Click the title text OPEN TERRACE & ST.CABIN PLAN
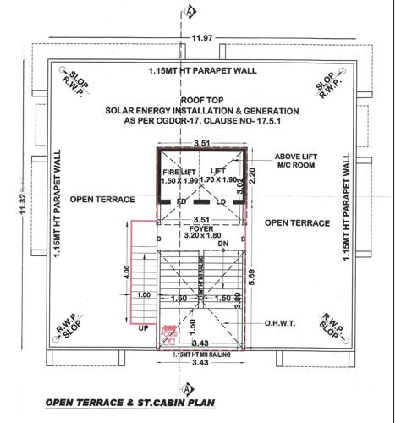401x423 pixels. [128, 402]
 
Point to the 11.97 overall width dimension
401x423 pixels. [200, 38]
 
